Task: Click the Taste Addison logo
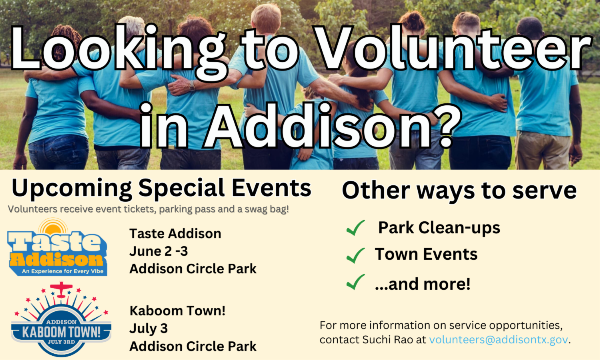[57, 247]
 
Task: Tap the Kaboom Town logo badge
[61, 319]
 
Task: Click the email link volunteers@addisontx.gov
[498, 340]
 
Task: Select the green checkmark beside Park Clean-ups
[355, 228]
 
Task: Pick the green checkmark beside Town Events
[355, 255]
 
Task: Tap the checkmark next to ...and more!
[355, 282]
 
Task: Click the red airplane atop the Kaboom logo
[61, 289]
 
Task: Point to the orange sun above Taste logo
[53, 227]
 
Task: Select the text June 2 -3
[159, 251]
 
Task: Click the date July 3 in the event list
[149, 329]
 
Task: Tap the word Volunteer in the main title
[452, 47]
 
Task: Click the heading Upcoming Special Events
[162, 188]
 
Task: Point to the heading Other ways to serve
[459, 190]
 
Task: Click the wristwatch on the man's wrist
[192, 86]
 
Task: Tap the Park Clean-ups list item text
[439, 228]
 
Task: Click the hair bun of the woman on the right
[414, 18]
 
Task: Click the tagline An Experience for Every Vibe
[63, 271]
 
